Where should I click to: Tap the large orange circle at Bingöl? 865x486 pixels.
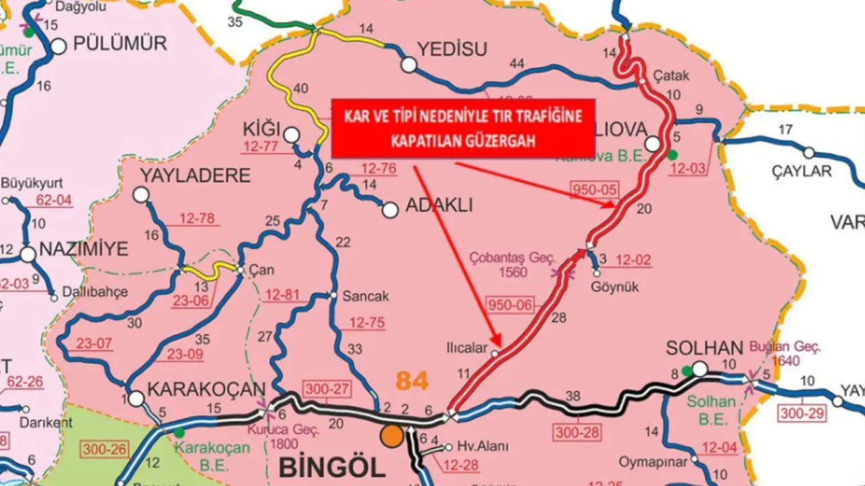[392, 435]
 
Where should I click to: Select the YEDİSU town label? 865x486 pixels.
[452, 49]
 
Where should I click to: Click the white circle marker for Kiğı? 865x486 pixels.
[291, 135]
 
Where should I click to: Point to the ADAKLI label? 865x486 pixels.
[439, 207]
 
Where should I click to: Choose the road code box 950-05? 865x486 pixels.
[595, 190]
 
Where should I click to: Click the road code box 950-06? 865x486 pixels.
[510, 305]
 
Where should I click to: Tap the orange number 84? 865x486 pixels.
[412, 381]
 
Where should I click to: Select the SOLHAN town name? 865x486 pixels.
[704, 348]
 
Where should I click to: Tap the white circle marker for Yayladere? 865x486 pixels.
[141, 195]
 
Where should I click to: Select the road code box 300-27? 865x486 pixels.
[326, 389]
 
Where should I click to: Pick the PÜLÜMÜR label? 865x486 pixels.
[119, 44]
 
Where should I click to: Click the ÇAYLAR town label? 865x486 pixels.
[801, 171]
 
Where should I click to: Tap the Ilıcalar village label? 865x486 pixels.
[466, 348]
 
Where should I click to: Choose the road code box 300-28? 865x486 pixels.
[576, 432]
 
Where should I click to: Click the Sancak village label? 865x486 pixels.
[366, 296]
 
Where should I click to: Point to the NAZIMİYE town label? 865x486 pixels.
[84, 249]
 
